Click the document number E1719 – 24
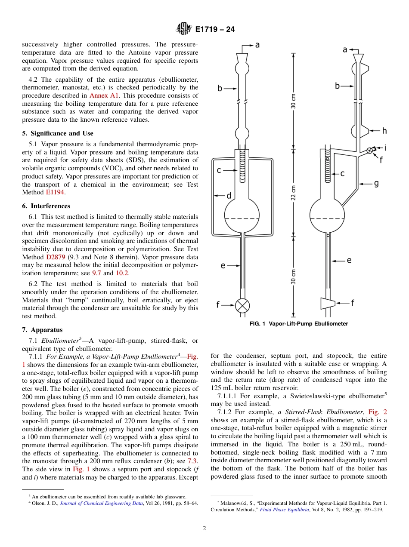pyautogui.click(x=215, y=30)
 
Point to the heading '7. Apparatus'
pyautogui.click(x=42, y=330)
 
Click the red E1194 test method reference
pyautogui.click(x=55, y=193)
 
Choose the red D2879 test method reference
pyautogui.click(x=56, y=257)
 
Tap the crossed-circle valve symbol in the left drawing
pyautogui.click(x=242, y=305)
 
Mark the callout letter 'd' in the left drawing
pyautogui.click(x=229, y=196)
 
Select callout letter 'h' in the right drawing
pyautogui.click(x=384, y=131)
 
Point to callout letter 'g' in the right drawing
pyautogui.click(x=376, y=184)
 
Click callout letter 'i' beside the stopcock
pyautogui.click(x=385, y=148)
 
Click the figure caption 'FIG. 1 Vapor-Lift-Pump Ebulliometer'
pyautogui.click(x=298, y=324)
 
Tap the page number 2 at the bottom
pyautogui.click(x=204, y=529)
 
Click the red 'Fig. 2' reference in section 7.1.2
pyautogui.click(x=378, y=412)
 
